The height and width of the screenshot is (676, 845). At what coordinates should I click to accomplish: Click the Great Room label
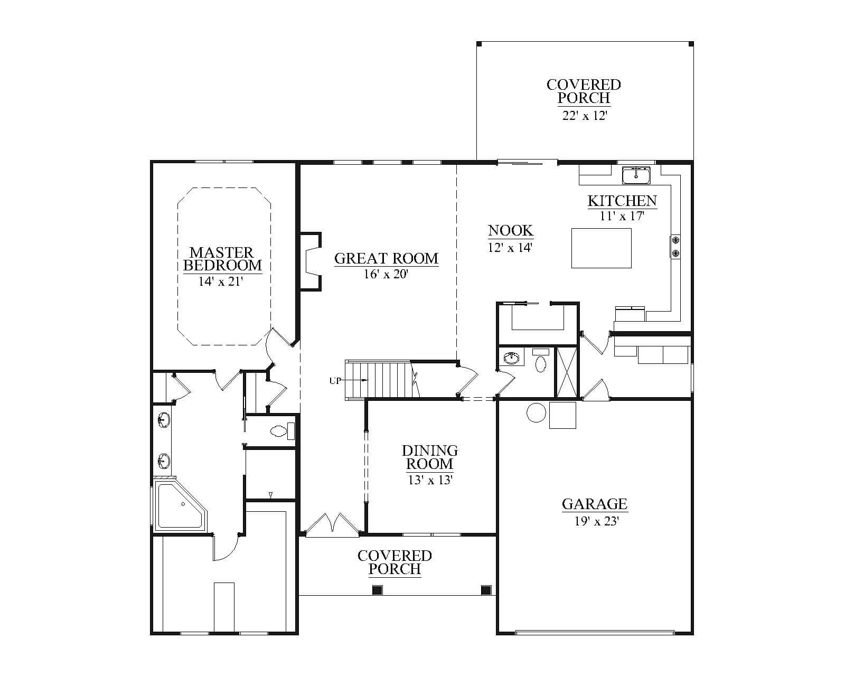pyautogui.click(x=387, y=258)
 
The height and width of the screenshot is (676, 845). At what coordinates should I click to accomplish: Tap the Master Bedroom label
pyautogui.click(x=222, y=259)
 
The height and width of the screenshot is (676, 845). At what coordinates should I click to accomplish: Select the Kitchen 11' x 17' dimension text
pyautogui.click(x=622, y=215)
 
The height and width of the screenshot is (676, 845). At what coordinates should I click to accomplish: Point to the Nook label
pyautogui.click(x=511, y=230)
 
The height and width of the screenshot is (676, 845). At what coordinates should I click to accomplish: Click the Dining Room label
pyautogui.click(x=429, y=457)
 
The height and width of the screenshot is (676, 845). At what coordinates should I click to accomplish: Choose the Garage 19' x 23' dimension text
pyautogui.click(x=596, y=521)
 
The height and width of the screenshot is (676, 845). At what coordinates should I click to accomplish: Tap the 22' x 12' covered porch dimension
pyautogui.click(x=585, y=116)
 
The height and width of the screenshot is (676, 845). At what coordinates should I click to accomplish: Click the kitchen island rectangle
pyautogui.click(x=601, y=248)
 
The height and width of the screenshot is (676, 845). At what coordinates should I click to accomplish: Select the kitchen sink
pyautogui.click(x=636, y=175)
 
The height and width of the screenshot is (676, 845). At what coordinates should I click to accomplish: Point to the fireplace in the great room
pyautogui.click(x=311, y=261)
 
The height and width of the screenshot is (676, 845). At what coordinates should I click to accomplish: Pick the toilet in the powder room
pyautogui.click(x=541, y=361)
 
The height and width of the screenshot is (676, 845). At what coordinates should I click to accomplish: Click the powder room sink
pyautogui.click(x=511, y=358)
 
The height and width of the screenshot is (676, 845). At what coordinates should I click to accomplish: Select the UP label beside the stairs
pyautogui.click(x=335, y=380)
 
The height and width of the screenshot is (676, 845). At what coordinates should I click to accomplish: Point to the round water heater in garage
pyautogui.click(x=536, y=412)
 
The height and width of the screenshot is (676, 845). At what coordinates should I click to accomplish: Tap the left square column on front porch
pyautogui.click(x=377, y=589)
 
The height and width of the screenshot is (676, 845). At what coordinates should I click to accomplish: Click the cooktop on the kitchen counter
pyautogui.click(x=675, y=246)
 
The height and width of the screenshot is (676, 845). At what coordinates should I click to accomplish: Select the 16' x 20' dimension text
pyautogui.click(x=387, y=274)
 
